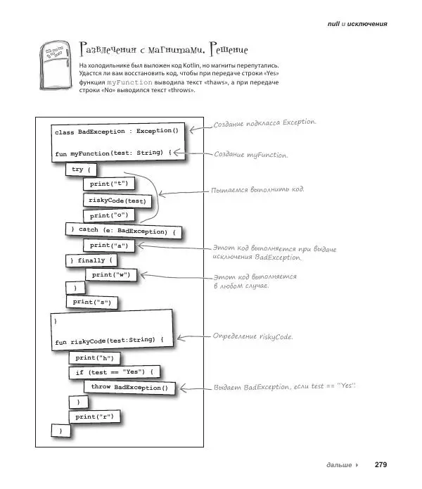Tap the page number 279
(381, 464)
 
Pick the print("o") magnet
(110, 215)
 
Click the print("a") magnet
(110, 246)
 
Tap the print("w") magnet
(111, 275)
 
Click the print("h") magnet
(96, 357)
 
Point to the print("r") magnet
(94, 417)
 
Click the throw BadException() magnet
(130, 387)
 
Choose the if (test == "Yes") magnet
(115, 372)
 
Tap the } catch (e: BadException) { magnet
(122, 230)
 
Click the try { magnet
(82, 170)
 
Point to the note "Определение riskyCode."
(252, 336)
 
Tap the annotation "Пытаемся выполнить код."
(257, 190)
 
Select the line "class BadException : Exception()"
(117, 131)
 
